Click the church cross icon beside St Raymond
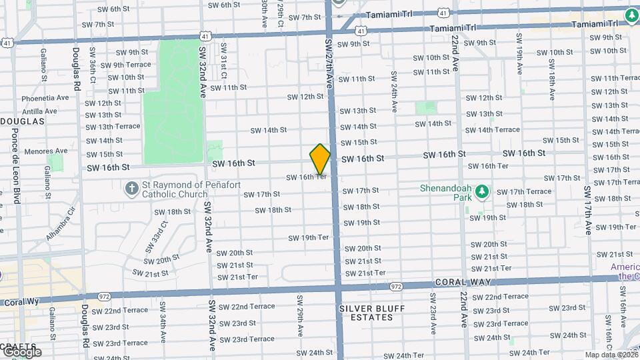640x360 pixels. click(131, 189)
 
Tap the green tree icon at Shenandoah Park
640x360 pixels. click(482, 193)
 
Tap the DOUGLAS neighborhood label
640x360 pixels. click(21, 121)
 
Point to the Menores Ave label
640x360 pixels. click(46, 151)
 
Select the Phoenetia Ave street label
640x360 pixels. click(45, 97)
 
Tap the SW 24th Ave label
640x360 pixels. click(394, 91)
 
